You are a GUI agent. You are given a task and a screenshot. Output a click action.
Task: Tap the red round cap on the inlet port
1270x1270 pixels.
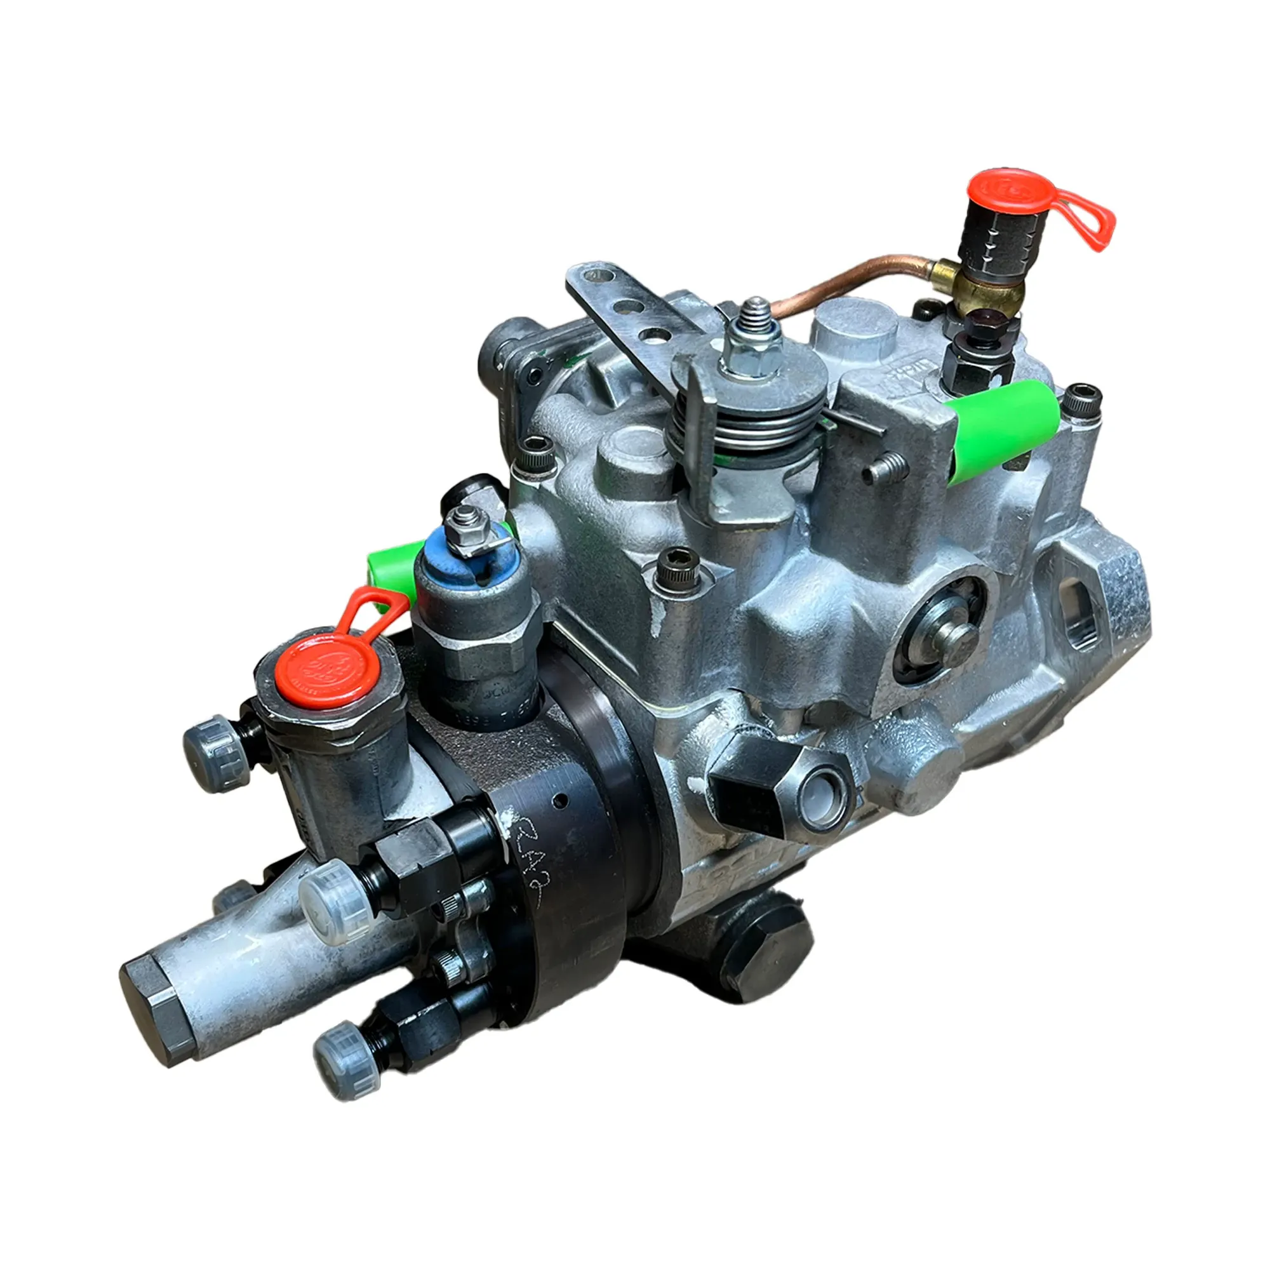click(321, 671)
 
